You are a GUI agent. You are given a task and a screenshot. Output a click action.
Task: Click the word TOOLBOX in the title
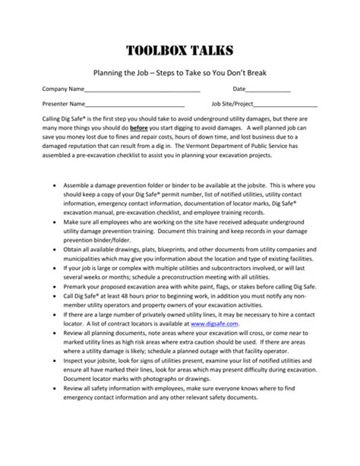149,51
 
